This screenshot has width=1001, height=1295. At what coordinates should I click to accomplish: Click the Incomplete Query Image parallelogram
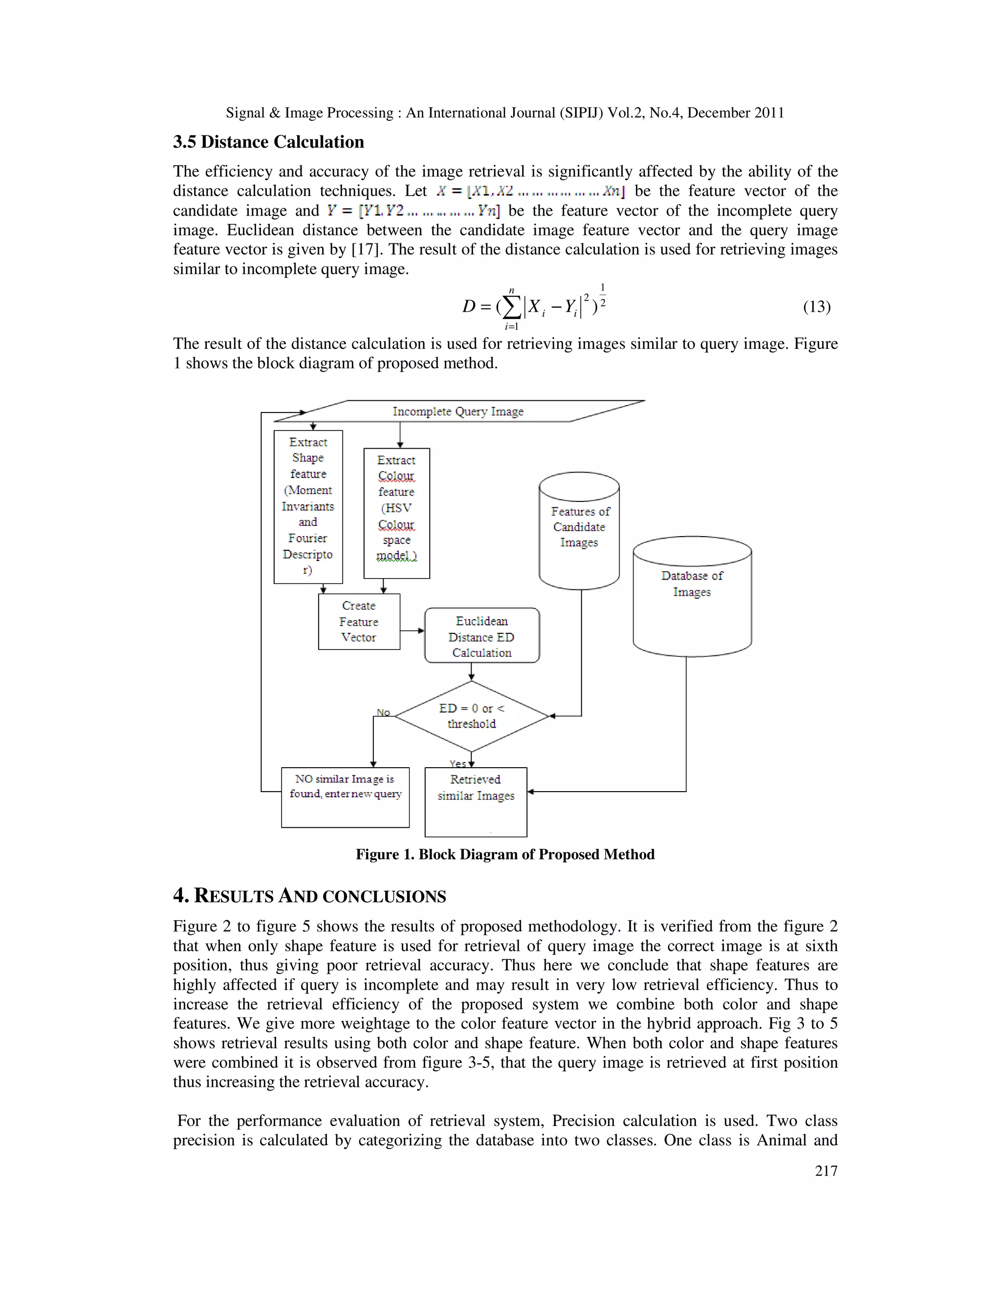[458, 411]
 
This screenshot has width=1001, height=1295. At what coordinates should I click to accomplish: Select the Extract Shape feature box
[308, 506]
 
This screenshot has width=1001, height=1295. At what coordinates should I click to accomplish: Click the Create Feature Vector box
[359, 622]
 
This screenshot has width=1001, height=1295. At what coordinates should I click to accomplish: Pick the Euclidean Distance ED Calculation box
[481, 636]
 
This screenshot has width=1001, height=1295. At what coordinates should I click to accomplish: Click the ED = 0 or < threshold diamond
[472, 716]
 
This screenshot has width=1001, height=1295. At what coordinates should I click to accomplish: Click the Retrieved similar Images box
[476, 801]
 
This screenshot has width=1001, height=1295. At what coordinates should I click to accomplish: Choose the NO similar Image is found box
[345, 797]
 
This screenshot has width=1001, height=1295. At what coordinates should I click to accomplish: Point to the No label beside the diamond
[383, 712]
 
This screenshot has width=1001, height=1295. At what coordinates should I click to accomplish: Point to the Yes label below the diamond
[457, 763]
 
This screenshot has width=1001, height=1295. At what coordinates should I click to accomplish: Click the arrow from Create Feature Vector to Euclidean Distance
[412, 630]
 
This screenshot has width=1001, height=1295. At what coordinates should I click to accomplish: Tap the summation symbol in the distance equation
[511, 306]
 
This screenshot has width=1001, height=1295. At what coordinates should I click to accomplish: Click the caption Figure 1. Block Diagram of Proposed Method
[504, 854]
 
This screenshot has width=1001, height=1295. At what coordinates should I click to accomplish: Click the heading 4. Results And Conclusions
[309, 896]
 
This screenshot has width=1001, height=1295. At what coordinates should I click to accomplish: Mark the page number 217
[826, 1170]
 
